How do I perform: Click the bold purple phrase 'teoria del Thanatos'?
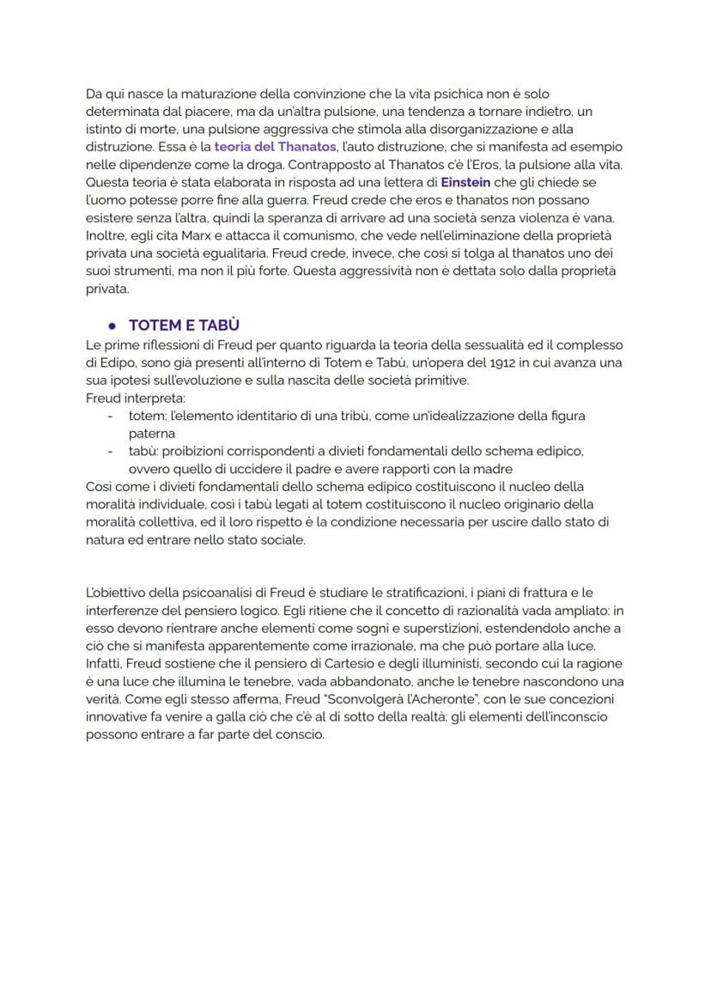(x=275, y=147)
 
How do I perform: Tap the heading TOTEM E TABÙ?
(x=184, y=326)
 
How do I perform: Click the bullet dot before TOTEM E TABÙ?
(x=112, y=326)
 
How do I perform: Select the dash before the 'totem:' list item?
(x=110, y=416)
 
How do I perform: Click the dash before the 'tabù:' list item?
(x=110, y=451)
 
